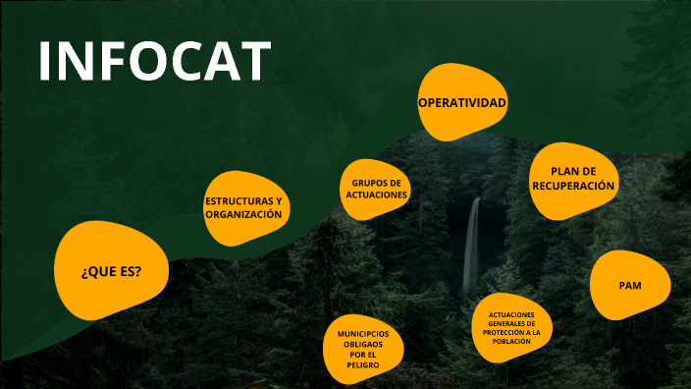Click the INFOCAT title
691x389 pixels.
point(154,61)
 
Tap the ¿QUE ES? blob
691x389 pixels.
point(111,270)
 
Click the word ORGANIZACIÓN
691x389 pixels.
point(243,214)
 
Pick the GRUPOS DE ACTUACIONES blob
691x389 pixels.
point(376,189)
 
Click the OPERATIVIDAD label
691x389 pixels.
point(462,103)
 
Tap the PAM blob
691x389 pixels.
point(630,285)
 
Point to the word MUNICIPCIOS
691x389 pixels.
point(363,334)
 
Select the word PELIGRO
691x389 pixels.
point(363,364)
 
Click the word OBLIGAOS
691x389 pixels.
point(363,344)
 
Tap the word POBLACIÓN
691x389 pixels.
point(511,341)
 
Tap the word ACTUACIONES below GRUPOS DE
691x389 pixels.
point(376,194)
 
